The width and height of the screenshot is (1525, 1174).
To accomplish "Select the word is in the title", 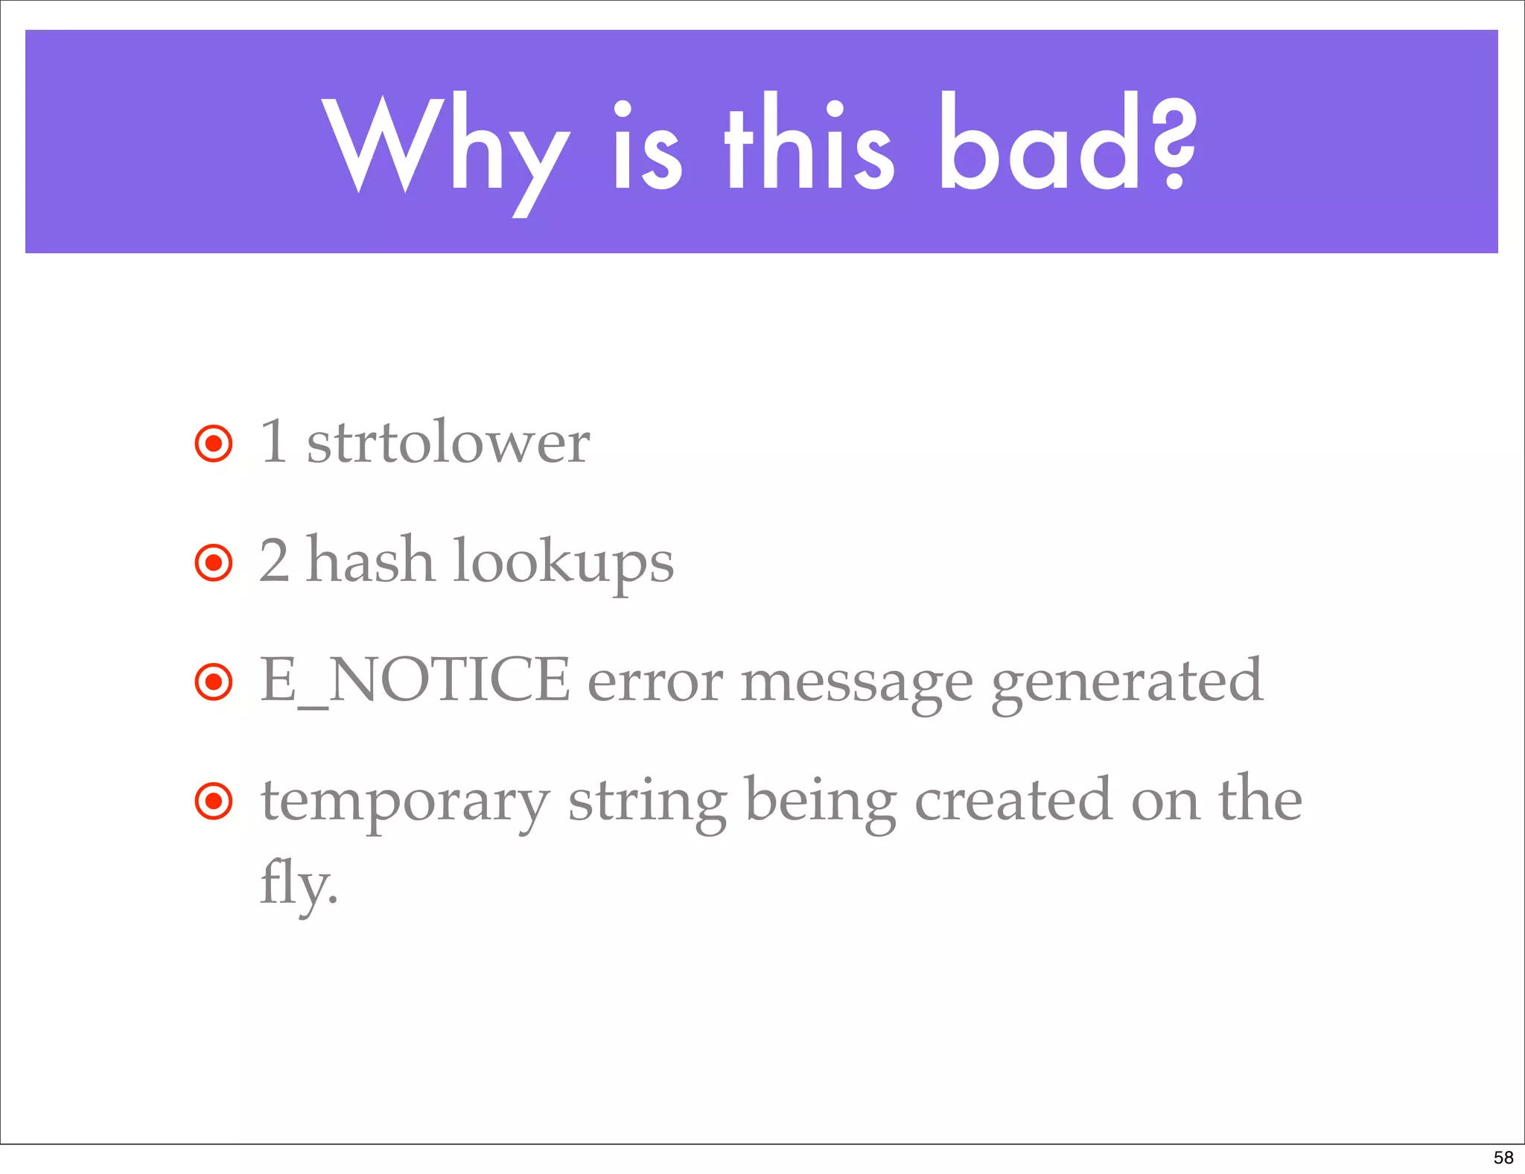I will coord(646,145).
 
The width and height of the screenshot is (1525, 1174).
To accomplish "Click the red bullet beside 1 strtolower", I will coord(214,444).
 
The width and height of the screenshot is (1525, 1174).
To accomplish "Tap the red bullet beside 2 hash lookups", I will coord(214,563).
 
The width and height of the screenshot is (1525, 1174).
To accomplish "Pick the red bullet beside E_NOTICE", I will coord(214,682).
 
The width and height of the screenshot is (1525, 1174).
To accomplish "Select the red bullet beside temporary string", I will coord(214,802).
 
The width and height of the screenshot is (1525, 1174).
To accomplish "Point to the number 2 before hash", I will coord(274,561).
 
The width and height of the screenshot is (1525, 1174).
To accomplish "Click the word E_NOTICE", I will coord(415,680).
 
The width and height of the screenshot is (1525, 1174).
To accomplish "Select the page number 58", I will coord(1503,1158).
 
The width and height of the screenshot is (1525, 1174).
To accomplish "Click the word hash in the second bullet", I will coord(370,561).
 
